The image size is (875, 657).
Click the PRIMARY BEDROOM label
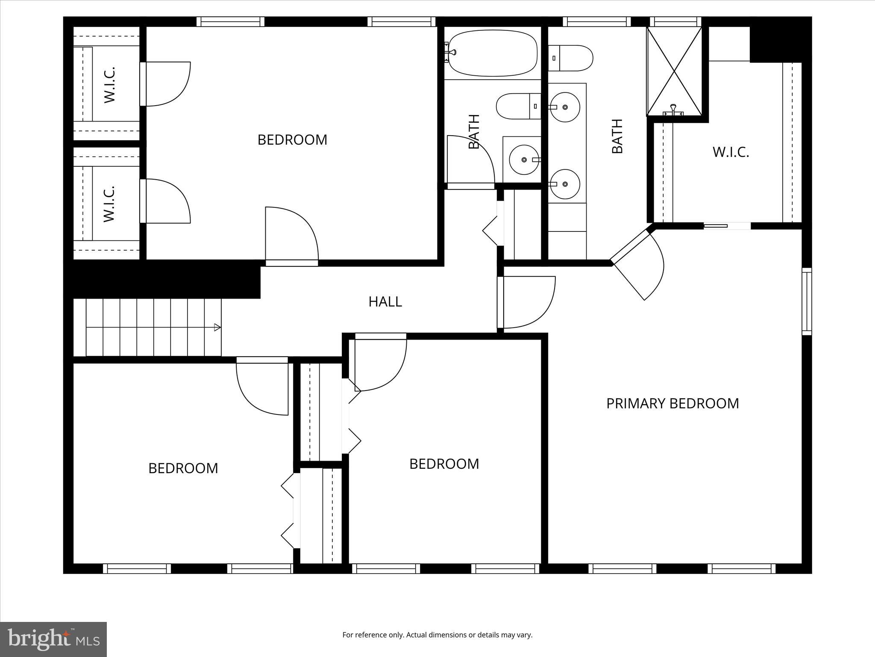672,403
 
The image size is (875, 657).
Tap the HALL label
385,302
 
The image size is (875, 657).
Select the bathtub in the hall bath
492,53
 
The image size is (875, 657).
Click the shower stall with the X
674,71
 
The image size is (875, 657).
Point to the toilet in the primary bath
570,58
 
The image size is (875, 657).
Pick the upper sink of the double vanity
565,107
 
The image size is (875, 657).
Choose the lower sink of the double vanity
565,184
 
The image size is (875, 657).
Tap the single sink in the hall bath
525,160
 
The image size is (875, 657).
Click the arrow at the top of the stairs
217,328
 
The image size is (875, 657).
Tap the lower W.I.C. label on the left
110,203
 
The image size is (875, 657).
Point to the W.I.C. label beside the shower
731,152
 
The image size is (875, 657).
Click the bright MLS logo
53,639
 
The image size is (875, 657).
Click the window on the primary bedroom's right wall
806,301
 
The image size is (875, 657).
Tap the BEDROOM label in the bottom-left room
183,468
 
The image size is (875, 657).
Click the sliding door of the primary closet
727,226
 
